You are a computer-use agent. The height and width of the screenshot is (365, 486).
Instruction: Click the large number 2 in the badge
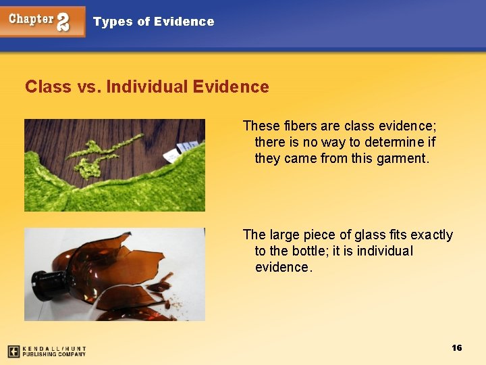point(63,22)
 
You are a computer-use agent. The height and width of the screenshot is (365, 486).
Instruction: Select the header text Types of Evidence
point(153,22)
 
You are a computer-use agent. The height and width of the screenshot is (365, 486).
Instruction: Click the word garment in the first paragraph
point(404,159)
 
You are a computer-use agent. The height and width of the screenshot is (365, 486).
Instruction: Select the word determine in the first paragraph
point(397,142)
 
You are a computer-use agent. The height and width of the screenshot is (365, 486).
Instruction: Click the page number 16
point(457,347)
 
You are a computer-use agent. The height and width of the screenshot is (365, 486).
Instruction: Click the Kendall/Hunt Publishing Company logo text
point(54,351)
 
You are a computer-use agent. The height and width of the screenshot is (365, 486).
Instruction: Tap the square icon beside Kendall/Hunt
point(13,351)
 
